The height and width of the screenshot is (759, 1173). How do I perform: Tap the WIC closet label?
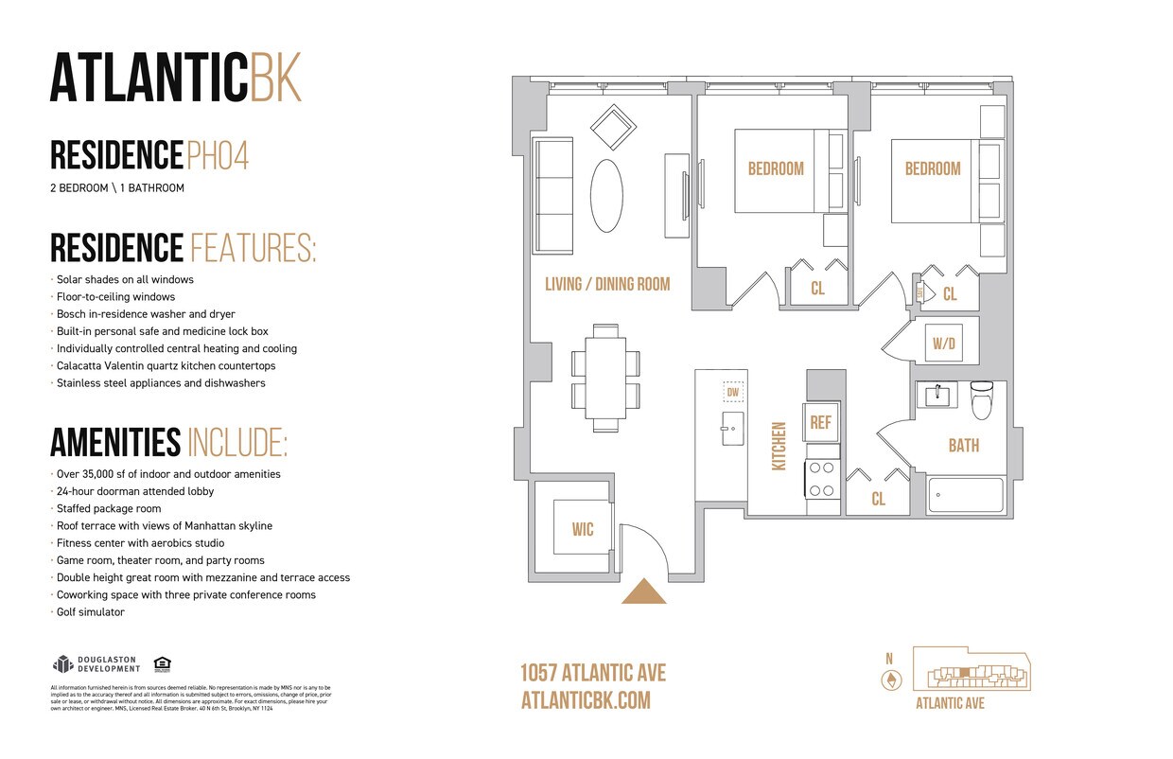coord(583,529)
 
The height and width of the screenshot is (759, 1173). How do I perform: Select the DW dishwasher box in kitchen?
coord(733,392)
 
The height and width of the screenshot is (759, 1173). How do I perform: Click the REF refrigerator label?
coord(820,422)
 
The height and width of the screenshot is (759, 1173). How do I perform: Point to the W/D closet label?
coord(944,344)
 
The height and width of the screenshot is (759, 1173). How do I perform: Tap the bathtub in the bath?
coord(965,494)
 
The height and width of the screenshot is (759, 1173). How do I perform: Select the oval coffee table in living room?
coord(606,196)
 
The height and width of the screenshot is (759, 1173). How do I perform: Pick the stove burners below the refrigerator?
coord(821,478)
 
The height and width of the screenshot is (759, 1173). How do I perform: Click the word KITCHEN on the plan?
coord(779,447)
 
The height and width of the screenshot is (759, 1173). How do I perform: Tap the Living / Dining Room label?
coord(607,284)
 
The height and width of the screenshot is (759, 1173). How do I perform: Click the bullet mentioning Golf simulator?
coord(90,612)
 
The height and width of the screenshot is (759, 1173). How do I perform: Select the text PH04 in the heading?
coord(218,155)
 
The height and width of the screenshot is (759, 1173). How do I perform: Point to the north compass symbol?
coord(889,680)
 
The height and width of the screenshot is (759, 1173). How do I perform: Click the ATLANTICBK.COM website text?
coord(586,700)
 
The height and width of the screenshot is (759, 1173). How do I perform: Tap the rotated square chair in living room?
coord(613,126)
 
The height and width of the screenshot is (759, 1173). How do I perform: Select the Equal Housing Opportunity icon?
coord(162,663)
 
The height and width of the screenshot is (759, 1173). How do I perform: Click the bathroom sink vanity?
coord(937,395)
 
